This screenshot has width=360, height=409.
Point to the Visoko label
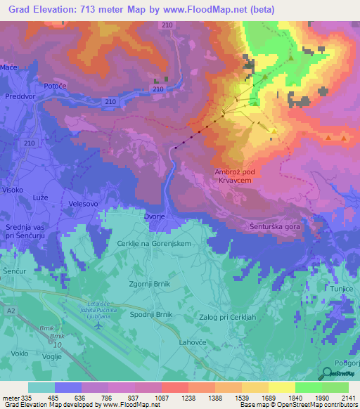(13, 190)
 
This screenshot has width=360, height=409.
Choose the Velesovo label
(83, 204)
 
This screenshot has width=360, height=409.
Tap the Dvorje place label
(156, 218)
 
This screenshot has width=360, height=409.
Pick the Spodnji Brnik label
(150, 315)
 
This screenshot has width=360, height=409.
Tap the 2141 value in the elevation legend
(348, 398)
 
